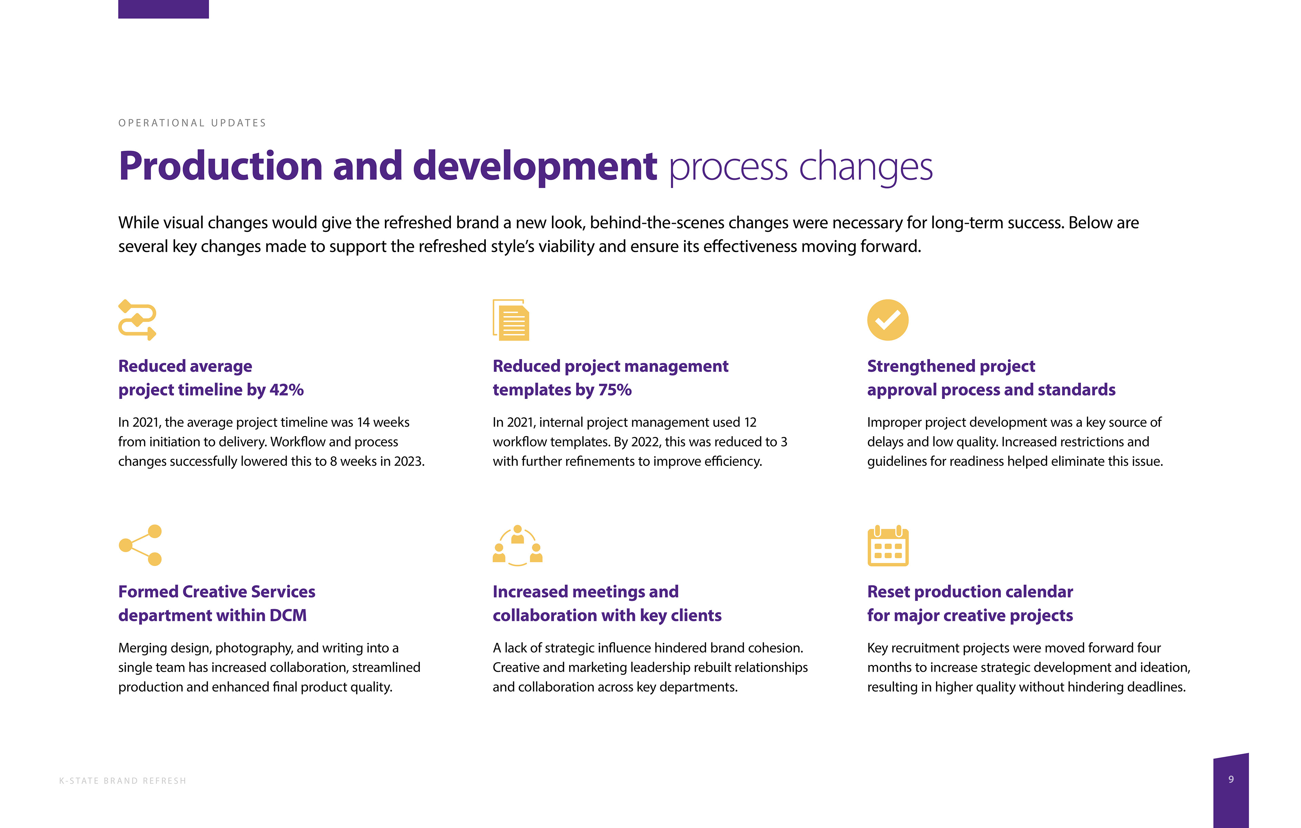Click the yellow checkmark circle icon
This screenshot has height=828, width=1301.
point(888,320)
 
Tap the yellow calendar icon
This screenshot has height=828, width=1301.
point(888,546)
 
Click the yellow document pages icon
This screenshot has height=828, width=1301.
point(511,320)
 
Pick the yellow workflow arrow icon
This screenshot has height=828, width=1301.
point(137,320)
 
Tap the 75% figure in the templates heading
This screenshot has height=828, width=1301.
point(615,390)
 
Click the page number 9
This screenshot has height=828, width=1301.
point(1231,779)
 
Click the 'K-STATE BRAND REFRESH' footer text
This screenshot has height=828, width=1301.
point(123,781)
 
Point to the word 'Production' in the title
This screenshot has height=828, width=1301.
point(221,166)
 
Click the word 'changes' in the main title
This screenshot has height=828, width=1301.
point(866,167)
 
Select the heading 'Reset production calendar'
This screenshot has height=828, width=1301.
point(970,592)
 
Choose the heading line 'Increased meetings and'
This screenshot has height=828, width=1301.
point(585,592)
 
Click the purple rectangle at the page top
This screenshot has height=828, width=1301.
point(163,9)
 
